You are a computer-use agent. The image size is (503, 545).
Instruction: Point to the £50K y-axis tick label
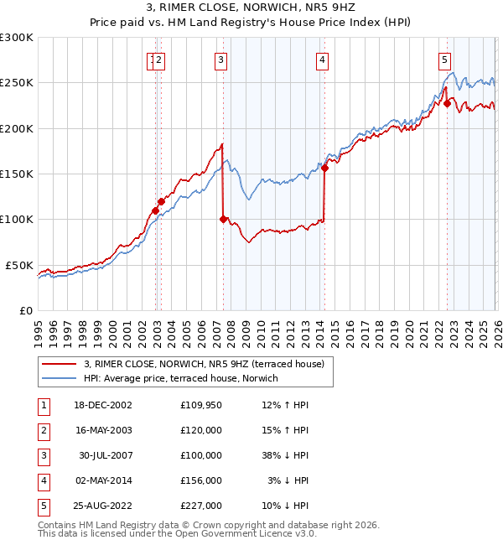(x=20, y=265)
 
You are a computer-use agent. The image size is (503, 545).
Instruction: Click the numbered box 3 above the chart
(x=220, y=60)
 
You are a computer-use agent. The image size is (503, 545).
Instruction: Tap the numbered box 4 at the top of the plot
(x=322, y=60)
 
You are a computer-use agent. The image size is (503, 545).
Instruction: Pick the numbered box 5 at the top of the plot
(x=443, y=60)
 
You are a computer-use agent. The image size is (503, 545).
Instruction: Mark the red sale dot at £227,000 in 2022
(x=447, y=104)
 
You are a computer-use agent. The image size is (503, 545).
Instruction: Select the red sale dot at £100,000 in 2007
(x=223, y=220)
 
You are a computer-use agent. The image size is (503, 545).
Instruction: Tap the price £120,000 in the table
(x=201, y=430)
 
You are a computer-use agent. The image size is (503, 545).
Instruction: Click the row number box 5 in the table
(x=43, y=506)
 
